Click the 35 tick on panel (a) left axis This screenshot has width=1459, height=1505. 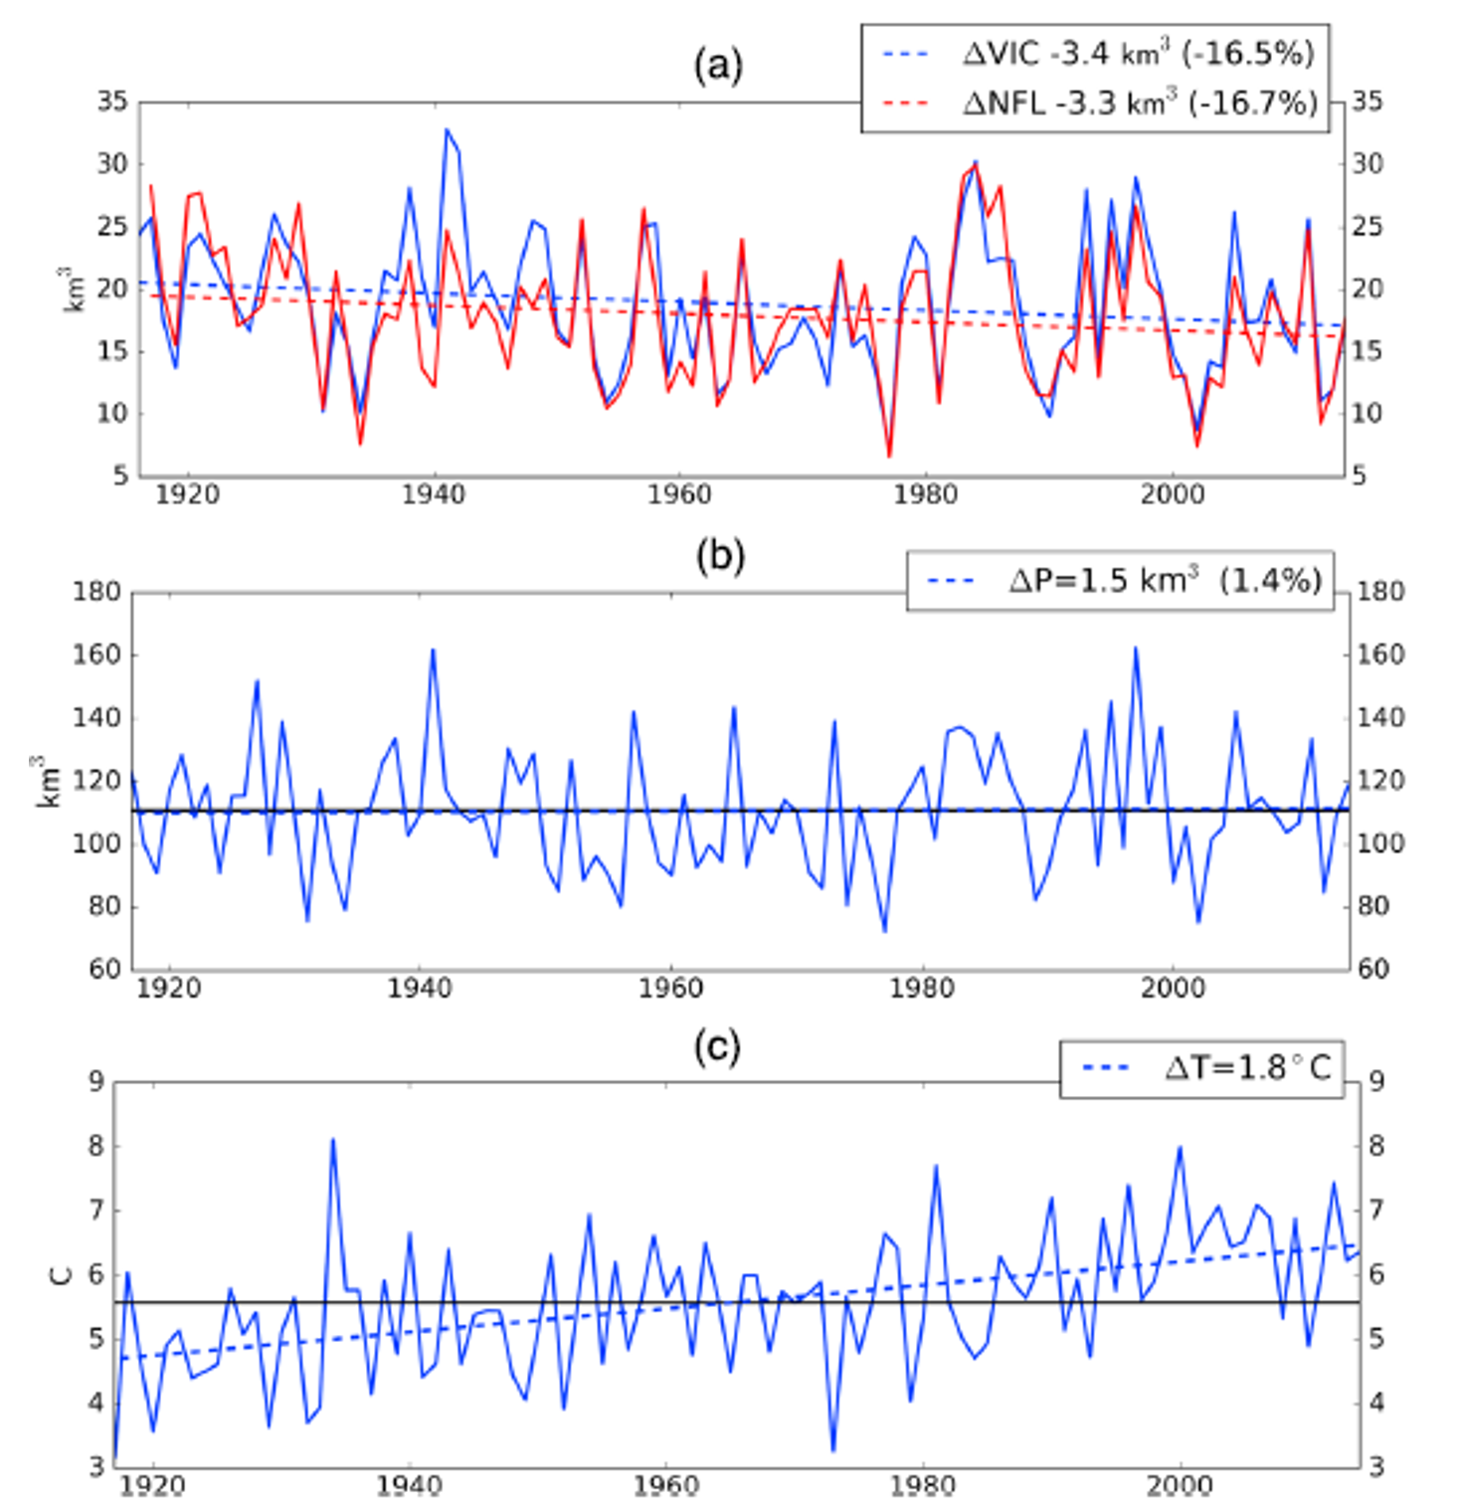point(111,101)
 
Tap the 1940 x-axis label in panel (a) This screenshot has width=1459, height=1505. point(433,494)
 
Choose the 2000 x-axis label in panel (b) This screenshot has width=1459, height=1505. point(1173,988)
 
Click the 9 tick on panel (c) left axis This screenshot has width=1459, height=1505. point(95,1081)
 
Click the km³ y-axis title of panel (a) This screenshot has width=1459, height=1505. point(76,288)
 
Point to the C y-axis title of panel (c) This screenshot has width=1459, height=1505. point(62,1274)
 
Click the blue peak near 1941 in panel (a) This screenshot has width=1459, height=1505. point(447,130)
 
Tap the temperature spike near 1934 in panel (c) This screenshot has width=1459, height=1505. point(332,1140)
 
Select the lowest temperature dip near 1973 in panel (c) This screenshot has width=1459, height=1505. point(832,1450)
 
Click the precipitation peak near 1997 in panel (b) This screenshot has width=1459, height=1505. point(1135,649)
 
